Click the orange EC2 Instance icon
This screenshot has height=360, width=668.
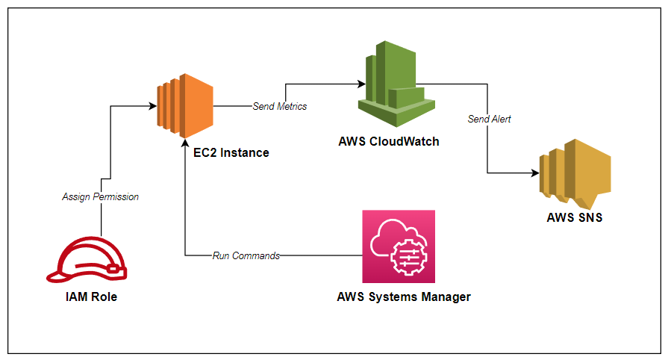pyautogui.click(x=184, y=105)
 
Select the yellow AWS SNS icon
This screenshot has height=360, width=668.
pyautogui.click(x=575, y=171)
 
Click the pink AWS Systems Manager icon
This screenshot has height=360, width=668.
pyautogui.click(x=399, y=246)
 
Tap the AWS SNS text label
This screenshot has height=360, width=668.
pyautogui.click(x=574, y=219)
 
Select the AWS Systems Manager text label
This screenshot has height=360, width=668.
pyautogui.click(x=404, y=297)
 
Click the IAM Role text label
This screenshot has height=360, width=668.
pyautogui.click(x=91, y=297)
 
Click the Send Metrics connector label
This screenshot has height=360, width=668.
pyautogui.click(x=280, y=106)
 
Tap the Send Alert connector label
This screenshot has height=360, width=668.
pyautogui.click(x=490, y=119)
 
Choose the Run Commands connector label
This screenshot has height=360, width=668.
pyautogui.click(x=246, y=255)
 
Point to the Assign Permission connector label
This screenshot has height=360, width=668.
pyautogui.click(x=100, y=197)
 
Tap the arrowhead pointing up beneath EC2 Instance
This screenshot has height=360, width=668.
pyautogui.click(x=185, y=147)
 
